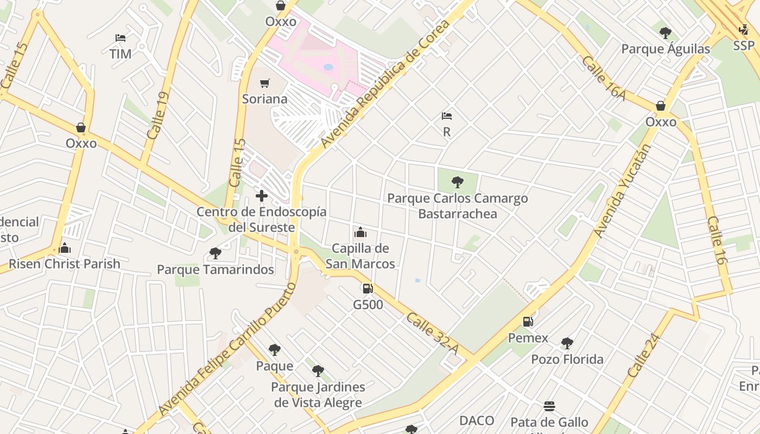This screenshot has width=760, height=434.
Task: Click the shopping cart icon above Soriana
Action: pos(264,83)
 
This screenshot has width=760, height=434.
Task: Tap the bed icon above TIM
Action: pos(121,38)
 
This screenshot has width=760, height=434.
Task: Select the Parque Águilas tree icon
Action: pos(665,33)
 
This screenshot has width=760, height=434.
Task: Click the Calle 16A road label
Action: pos(604,78)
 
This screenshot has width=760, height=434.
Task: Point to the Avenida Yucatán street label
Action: pos(622,191)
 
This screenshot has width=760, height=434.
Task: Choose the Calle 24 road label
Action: pos(644,355)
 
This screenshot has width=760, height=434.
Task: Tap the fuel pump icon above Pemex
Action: pos(528,322)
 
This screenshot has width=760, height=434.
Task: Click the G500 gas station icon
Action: pos(368,289)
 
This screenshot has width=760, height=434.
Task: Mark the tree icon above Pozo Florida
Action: pos(567,343)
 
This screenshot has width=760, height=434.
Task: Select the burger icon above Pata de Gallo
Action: pos(549,406)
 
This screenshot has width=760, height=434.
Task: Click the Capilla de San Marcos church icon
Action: pos(360,233)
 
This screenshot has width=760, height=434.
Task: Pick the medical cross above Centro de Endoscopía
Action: pos(262,196)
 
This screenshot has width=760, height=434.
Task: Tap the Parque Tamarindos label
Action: pos(215,270)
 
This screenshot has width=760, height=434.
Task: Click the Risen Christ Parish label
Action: pos(65,264)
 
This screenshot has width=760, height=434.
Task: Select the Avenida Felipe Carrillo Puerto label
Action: pos(227,349)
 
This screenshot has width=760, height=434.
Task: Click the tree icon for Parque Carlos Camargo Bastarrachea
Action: pos(457,182)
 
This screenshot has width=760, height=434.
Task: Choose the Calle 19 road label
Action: pos(158,116)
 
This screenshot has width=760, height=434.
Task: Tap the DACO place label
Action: pos(477,420)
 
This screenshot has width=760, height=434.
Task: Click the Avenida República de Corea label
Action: pos(385,84)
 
